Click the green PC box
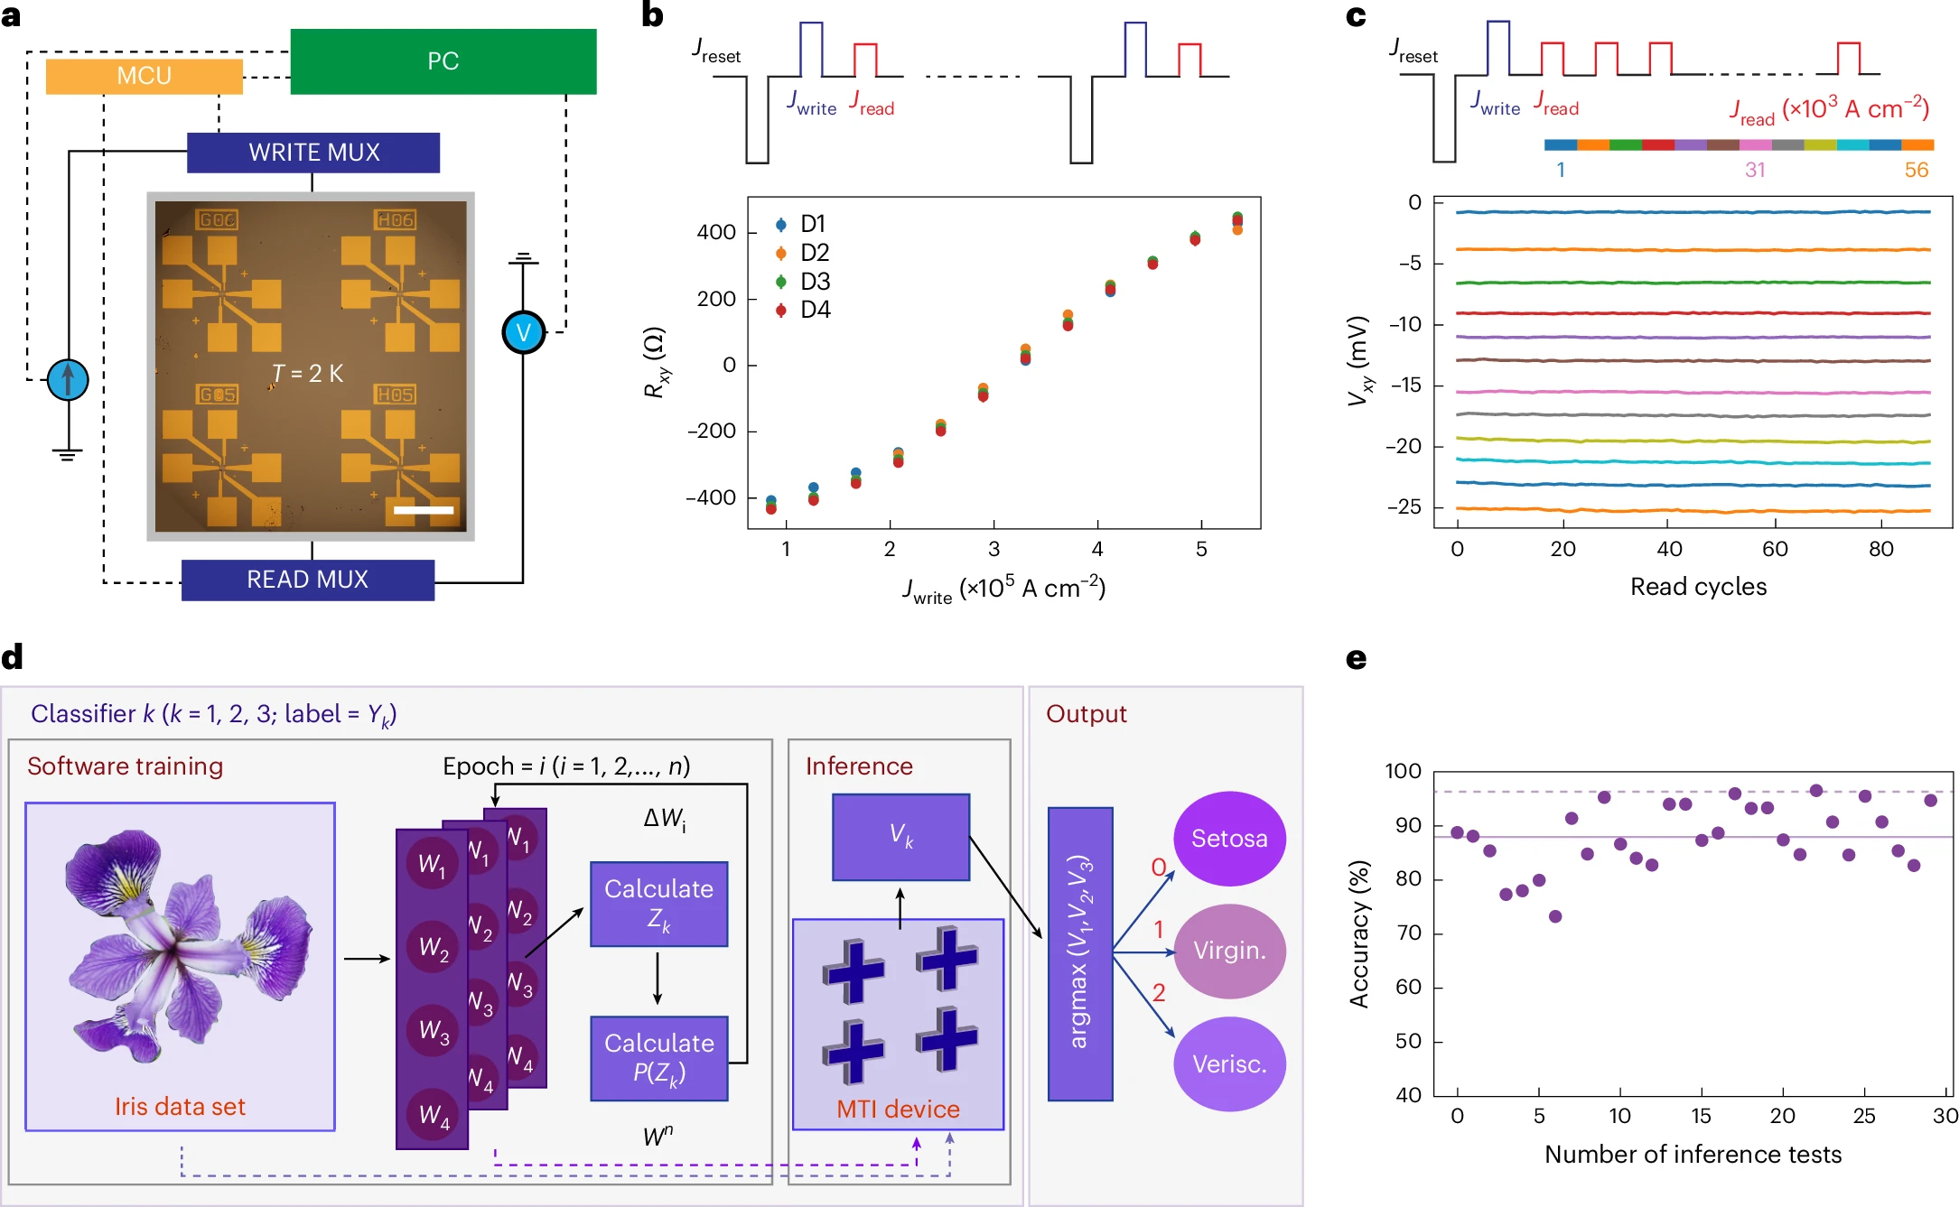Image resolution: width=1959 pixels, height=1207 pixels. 443,61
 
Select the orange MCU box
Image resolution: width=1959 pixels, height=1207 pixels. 145,76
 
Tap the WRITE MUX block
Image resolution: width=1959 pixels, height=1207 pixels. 313,153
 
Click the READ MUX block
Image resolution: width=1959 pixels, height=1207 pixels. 308,580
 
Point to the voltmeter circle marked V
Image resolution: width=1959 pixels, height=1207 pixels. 524,332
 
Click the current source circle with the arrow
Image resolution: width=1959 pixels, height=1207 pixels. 68,379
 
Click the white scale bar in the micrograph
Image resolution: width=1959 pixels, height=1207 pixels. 424,510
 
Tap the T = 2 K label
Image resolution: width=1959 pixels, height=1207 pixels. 307,374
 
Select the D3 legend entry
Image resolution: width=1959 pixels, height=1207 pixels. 803,282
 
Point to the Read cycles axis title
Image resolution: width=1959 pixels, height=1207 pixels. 1698,587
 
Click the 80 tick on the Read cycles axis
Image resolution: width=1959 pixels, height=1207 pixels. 1880,549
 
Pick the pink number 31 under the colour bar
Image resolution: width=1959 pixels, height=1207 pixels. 1755,170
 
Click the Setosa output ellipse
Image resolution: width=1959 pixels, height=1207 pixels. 1229,839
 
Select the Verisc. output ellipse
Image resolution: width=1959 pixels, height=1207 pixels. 1229,1064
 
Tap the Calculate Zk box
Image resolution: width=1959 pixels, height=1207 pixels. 659,904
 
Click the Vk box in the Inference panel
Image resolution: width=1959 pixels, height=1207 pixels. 901,837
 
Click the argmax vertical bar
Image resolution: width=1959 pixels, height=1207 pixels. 1080,953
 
